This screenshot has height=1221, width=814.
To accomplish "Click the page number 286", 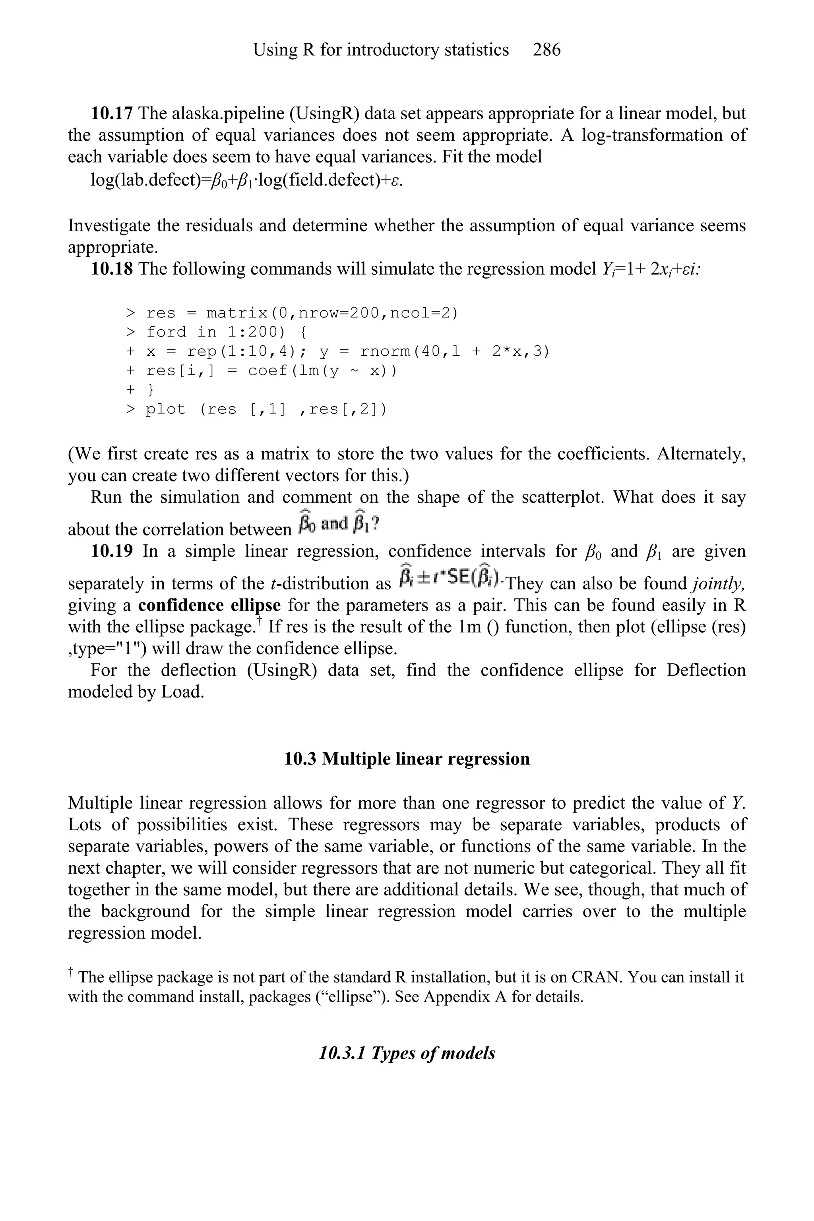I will click(x=546, y=50).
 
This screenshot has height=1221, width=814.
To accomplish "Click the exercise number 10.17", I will click(x=112, y=113).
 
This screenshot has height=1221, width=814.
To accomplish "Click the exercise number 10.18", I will click(x=112, y=269).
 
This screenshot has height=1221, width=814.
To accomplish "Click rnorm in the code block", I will click(x=386, y=351).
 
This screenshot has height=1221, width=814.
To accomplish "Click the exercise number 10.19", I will click(x=112, y=551).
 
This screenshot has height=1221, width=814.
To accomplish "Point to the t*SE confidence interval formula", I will click(x=450, y=577).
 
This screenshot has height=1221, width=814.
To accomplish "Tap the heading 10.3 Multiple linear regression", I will click(x=407, y=759).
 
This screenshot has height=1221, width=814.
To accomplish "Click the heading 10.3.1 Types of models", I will click(x=407, y=1053).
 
